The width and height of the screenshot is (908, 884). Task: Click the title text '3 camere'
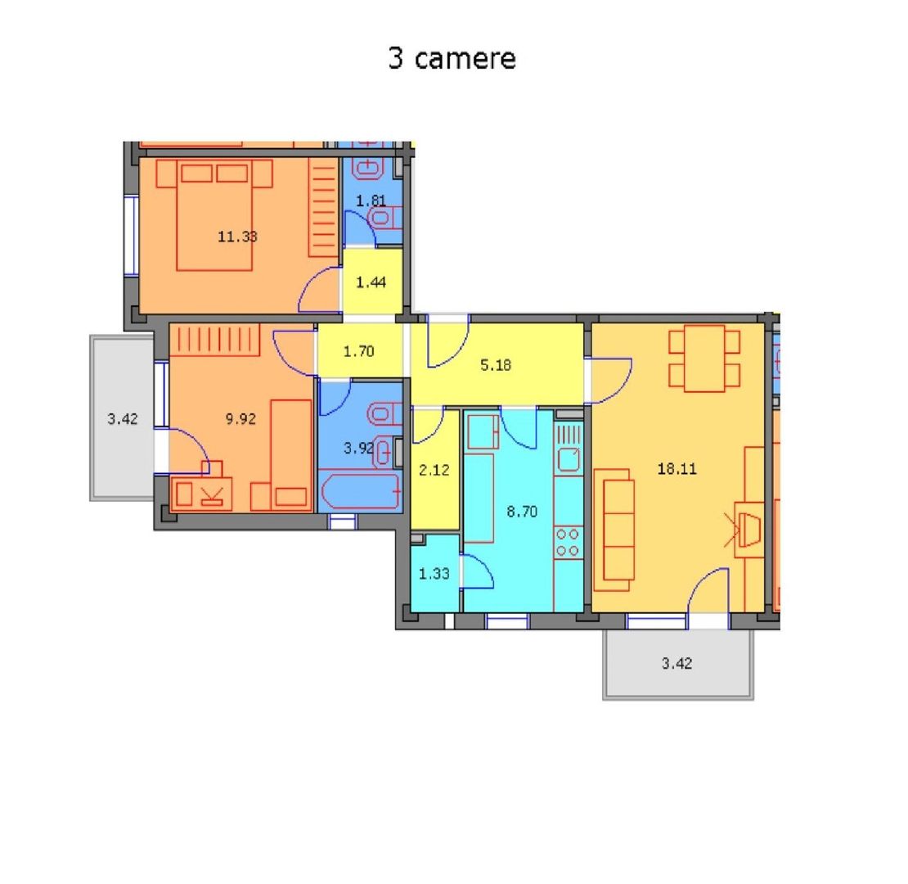pos(452,59)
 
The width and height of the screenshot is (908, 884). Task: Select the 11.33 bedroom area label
pos(237,237)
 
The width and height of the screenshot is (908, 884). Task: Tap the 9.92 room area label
pos(240,419)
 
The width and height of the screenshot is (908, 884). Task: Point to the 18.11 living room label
pos(677,469)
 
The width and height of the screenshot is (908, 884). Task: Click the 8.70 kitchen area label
pos(522,512)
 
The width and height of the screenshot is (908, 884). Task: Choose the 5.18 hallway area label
pos(496,365)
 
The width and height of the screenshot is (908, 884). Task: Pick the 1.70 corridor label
pos(358,352)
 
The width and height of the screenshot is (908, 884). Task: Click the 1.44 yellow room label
pos(371,282)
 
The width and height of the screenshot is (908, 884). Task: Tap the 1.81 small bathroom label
pos(371,200)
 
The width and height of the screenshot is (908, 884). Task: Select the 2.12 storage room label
pos(434,470)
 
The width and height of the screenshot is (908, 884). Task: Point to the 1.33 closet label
pos(434,574)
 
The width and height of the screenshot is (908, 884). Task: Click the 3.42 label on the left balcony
pos(123,419)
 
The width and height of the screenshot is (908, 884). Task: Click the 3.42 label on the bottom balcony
pos(677,663)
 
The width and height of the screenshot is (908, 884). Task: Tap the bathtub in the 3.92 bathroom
pos(359,492)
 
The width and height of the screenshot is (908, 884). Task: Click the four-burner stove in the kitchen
pos(568,542)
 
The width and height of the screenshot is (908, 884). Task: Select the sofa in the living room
pos(614,529)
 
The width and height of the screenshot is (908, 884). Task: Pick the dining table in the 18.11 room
pos(704,358)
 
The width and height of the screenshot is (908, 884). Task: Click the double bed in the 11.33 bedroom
pos(214,214)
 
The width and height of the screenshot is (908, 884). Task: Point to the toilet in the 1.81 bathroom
pos(382,218)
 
